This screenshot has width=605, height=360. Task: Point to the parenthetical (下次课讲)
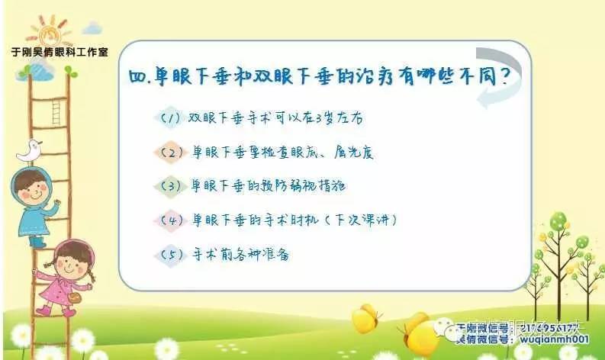[358, 220]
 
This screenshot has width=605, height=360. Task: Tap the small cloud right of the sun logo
[93, 29]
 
